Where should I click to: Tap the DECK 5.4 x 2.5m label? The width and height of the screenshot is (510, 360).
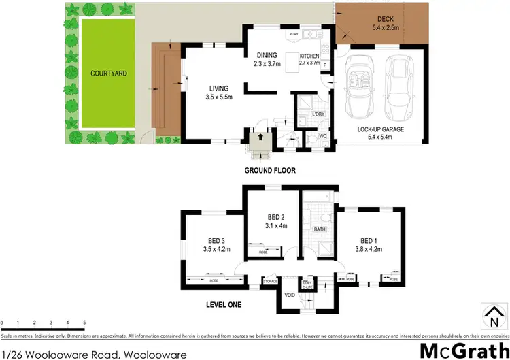(x=390, y=23)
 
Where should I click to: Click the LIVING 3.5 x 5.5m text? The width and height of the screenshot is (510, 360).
(x=219, y=93)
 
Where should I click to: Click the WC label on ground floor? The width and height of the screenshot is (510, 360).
(x=324, y=137)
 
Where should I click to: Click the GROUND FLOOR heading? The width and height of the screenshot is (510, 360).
(x=270, y=170)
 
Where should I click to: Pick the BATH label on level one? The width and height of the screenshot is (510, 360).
(x=320, y=229)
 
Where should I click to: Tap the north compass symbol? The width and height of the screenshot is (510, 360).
(x=492, y=318)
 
